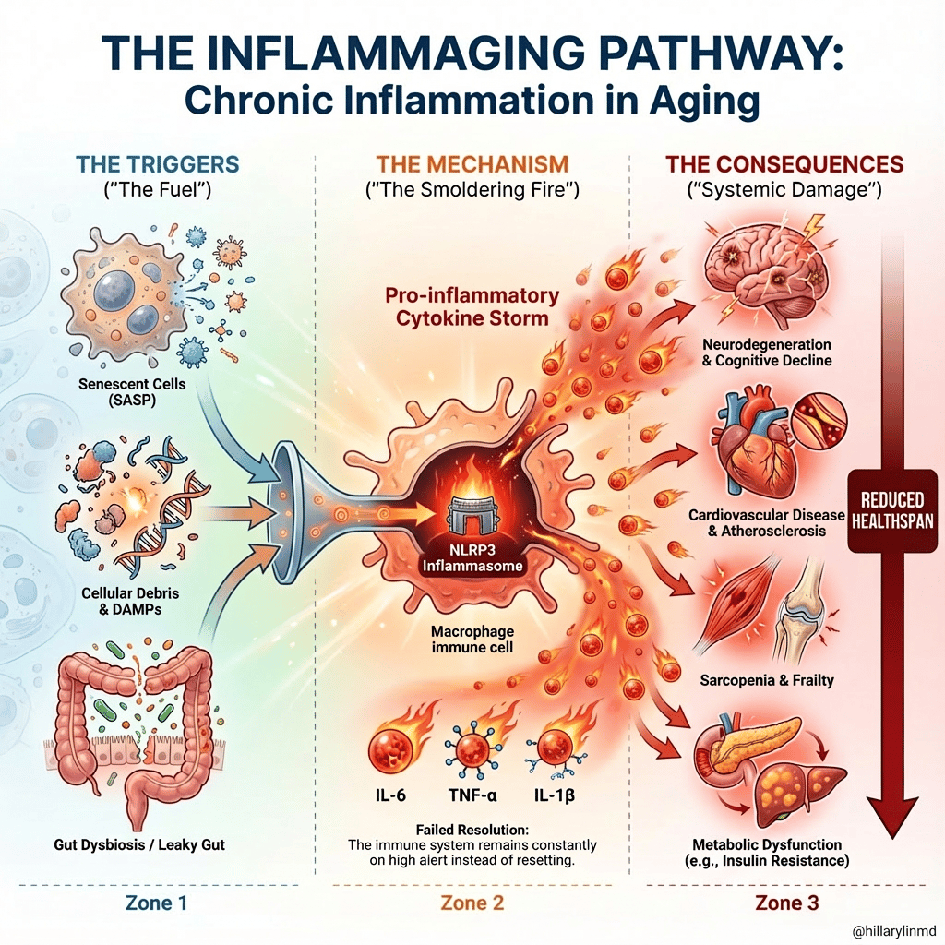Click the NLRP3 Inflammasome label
coord(472,558)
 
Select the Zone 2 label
coord(472,903)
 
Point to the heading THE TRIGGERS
coord(158,165)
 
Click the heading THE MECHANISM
coord(472,165)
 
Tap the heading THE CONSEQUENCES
coord(784,165)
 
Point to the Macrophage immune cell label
coord(472,640)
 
